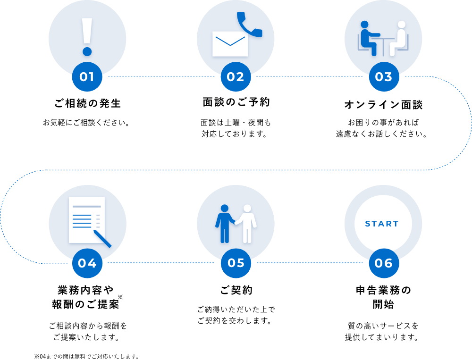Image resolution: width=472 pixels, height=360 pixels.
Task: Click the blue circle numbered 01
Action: [87, 76]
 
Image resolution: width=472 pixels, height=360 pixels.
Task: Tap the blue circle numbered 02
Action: [236, 76]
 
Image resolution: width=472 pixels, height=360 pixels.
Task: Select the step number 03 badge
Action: [384, 76]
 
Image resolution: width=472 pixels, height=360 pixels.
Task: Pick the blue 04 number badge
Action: [87, 263]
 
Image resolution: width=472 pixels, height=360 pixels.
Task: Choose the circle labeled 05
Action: [236, 263]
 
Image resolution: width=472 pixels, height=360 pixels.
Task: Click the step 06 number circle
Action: [384, 263]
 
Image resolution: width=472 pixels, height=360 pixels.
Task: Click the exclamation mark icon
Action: [87, 37]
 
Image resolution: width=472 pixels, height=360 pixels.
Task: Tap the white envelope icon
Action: [230, 44]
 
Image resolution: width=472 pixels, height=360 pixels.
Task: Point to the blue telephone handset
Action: [249, 24]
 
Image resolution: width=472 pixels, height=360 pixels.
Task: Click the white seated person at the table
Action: [398, 38]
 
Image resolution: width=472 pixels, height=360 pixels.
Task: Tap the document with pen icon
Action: [90, 222]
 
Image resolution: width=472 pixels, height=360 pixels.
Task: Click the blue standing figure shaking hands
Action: [225, 224]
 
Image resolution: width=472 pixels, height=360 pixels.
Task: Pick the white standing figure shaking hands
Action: [246, 224]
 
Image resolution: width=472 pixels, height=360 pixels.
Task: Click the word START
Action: [382, 224]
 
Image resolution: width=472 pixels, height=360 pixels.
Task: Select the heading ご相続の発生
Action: [88, 103]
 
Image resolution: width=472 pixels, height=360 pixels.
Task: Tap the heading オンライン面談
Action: [383, 104]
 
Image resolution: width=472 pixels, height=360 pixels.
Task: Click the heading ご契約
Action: [236, 290]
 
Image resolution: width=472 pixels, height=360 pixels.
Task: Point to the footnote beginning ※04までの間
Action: [86, 356]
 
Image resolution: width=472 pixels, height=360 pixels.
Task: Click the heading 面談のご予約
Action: [236, 102]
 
